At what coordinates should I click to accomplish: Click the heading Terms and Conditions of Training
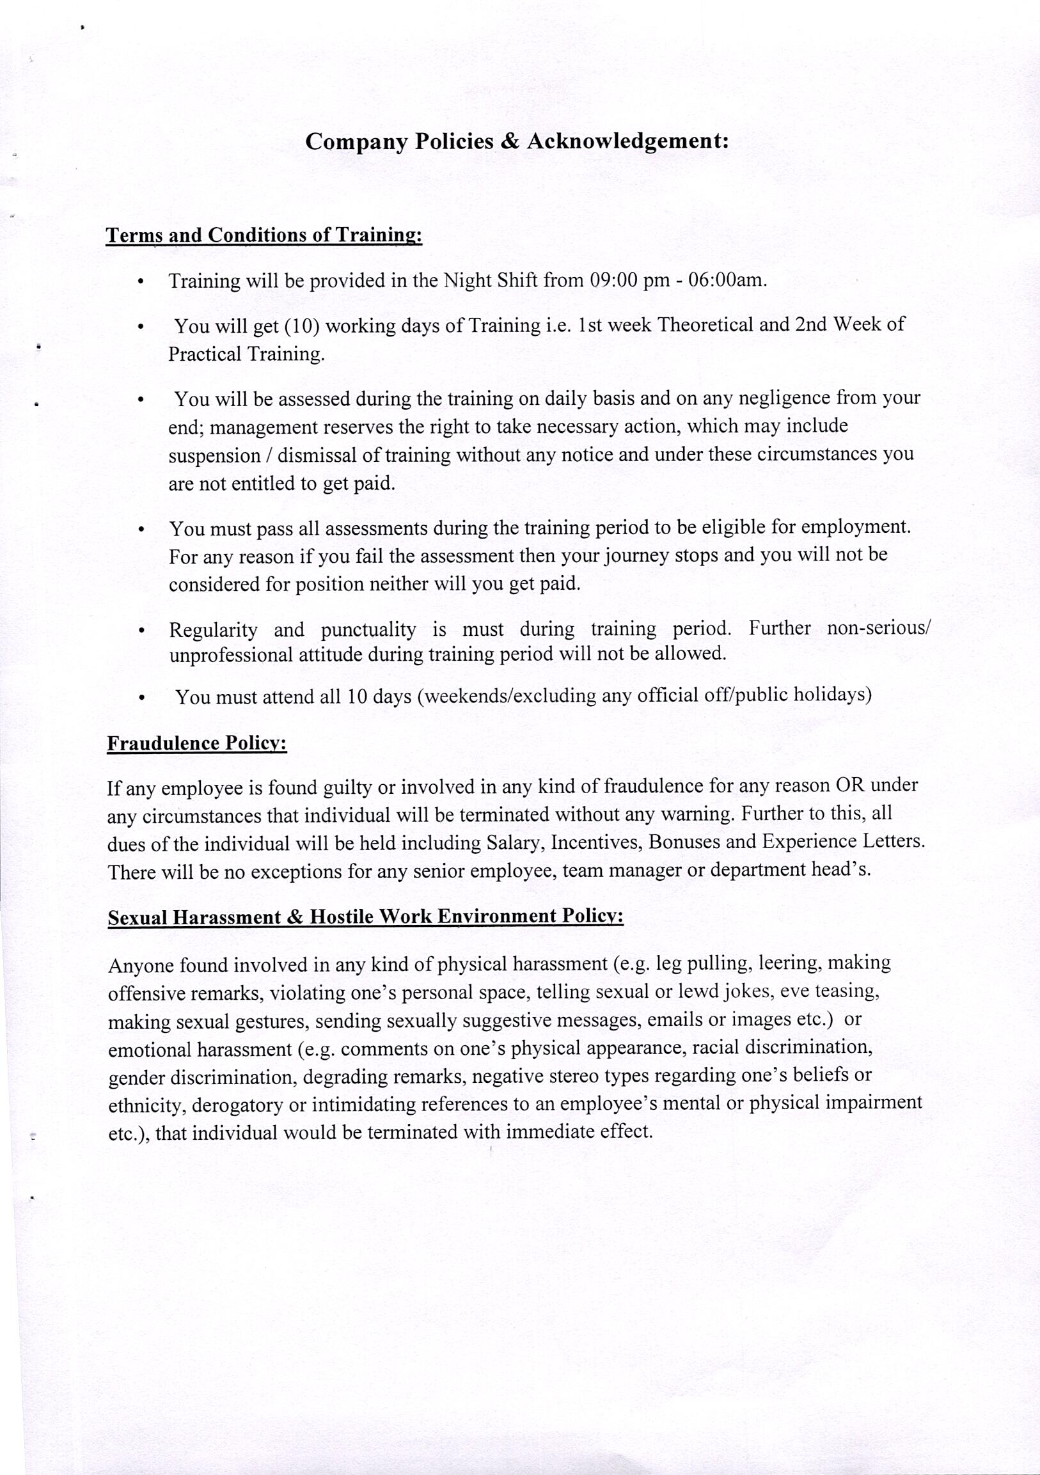[x=264, y=236]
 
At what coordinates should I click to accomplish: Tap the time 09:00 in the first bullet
[x=613, y=281]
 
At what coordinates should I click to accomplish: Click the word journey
[x=636, y=555]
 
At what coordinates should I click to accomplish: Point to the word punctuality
[x=368, y=629]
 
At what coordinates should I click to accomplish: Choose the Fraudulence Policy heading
[x=196, y=743]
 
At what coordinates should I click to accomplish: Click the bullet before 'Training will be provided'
[x=141, y=283]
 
